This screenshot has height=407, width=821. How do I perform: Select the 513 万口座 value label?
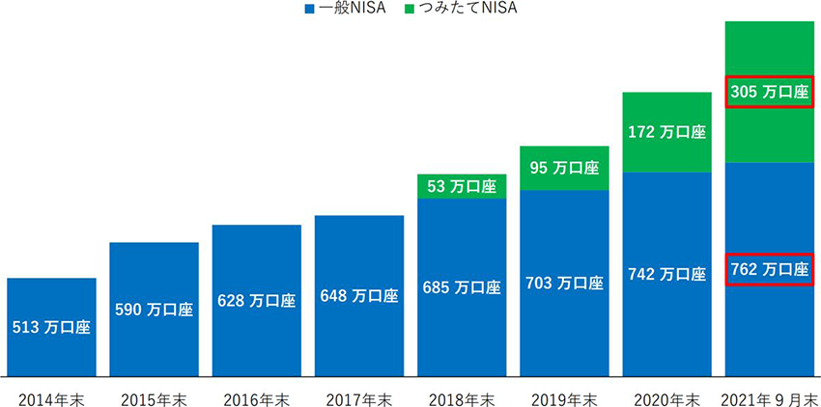point(51,327)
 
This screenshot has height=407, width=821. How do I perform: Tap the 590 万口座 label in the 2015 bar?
point(155,310)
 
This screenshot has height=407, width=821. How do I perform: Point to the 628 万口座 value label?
point(257,300)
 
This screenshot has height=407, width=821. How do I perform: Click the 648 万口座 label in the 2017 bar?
point(359,296)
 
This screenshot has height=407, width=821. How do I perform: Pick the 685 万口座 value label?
point(462,287)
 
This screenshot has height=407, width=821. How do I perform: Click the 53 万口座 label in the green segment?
point(462,186)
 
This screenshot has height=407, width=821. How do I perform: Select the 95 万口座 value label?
point(564,168)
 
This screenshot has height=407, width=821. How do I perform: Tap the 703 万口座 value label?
point(564,283)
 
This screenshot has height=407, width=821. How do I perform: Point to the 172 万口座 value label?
point(667,131)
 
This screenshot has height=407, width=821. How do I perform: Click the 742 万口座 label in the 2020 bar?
point(667,274)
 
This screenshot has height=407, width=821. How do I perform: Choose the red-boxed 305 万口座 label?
point(770,93)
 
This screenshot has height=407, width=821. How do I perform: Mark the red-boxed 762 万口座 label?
point(770,269)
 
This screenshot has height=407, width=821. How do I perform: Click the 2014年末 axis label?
point(51,397)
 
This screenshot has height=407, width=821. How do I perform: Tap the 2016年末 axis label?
point(257,397)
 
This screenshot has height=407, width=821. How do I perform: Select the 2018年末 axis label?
point(462,397)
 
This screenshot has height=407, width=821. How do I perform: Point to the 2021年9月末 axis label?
point(770,397)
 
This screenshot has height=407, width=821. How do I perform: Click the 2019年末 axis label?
point(564,397)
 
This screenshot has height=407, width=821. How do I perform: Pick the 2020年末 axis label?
point(667,397)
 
